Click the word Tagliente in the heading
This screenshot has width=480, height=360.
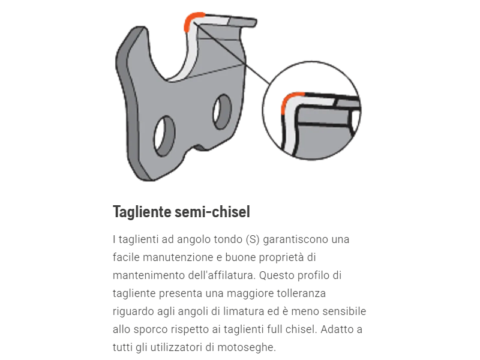tap(141, 212)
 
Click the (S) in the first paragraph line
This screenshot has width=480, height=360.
tap(253, 239)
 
